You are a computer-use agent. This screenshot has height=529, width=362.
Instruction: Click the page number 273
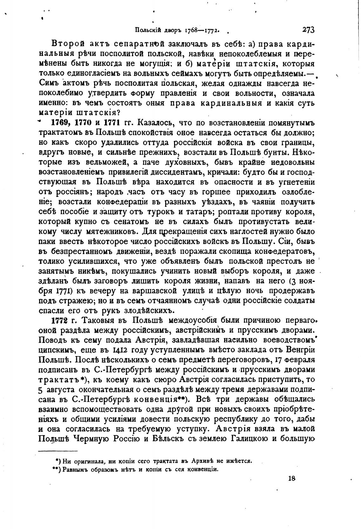point(308,30)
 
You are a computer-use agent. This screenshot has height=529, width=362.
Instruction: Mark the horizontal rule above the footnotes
point(58,451)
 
